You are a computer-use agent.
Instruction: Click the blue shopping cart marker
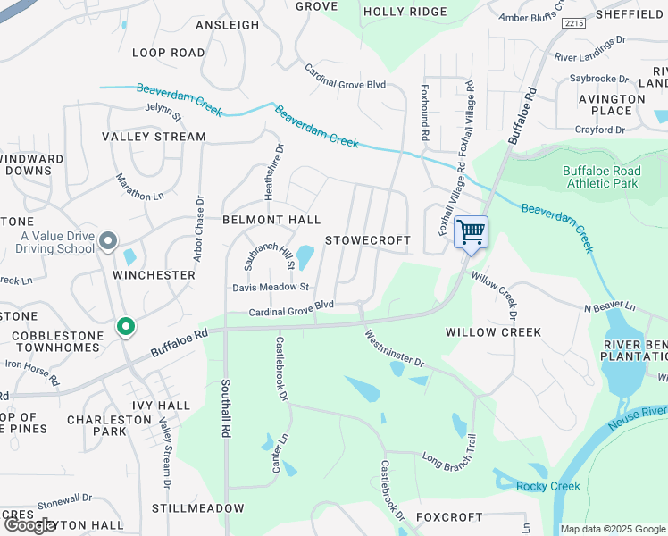[471, 232]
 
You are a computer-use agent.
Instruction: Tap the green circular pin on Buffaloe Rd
[126, 328]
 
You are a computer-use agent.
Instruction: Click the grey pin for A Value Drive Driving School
[108, 241]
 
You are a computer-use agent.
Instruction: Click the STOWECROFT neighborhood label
[368, 241]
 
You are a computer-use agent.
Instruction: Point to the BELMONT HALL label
[271, 220]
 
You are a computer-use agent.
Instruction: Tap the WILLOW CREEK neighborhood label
[494, 332]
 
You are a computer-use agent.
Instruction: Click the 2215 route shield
[574, 24]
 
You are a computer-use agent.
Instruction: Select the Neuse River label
[640, 412]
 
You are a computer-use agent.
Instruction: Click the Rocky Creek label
[547, 486]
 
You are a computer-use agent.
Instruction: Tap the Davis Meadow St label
[271, 288]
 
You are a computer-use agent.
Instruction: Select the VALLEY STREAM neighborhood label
[154, 137]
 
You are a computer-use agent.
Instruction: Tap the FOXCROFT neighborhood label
[449, 517]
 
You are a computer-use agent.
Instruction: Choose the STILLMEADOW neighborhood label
[197, 508]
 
